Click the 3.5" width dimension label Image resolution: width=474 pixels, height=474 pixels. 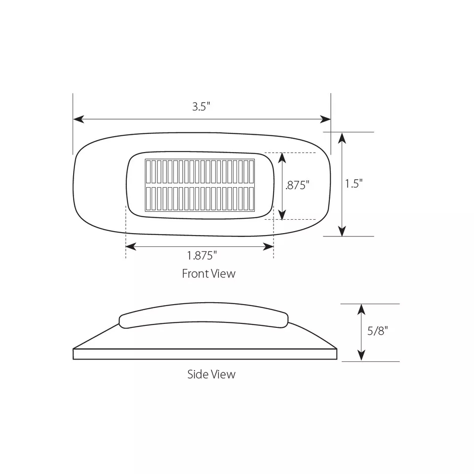(201, 107)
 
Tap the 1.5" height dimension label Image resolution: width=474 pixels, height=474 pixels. (354, 184)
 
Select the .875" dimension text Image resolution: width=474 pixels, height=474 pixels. (297, 185)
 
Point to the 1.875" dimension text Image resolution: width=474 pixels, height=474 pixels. (202, 256)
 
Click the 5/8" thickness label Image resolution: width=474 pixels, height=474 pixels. (378, 331)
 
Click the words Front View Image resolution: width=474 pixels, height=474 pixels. (208, 274)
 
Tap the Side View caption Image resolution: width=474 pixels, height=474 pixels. (211, 374)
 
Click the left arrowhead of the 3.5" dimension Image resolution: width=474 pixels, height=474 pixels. (79, 119)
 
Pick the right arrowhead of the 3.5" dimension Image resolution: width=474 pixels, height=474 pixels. (325, 119)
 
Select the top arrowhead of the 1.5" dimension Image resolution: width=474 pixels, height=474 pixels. (342, 138)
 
